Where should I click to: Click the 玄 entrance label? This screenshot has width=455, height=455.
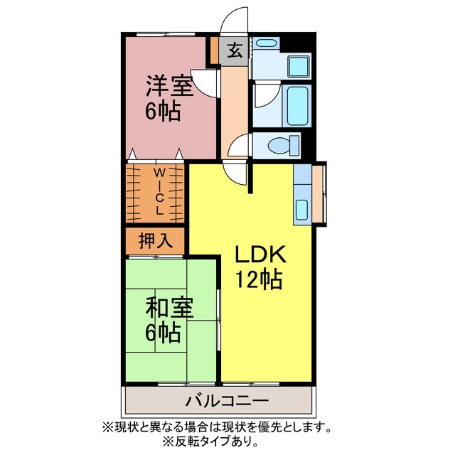[235, 50]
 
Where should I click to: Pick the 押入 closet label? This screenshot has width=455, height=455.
[155, 240]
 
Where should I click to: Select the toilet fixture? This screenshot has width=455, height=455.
[275, 146]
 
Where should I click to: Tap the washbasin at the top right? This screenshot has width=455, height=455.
[265, 44]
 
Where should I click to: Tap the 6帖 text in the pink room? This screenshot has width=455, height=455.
[164, 111]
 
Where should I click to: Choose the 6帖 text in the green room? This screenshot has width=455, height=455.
[164, 332]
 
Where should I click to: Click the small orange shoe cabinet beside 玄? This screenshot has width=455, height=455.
[215, 50]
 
